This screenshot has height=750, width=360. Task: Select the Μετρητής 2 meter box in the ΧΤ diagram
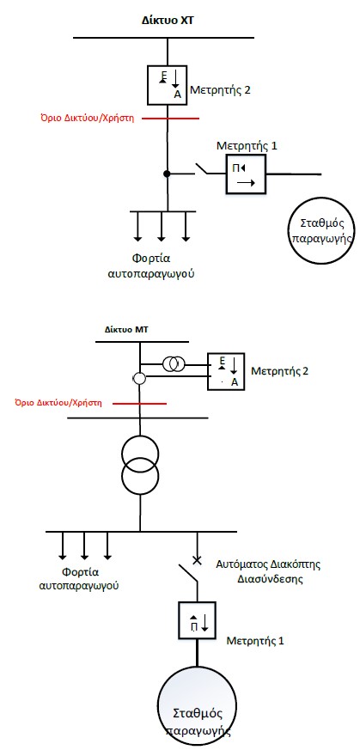[x=167, y=85]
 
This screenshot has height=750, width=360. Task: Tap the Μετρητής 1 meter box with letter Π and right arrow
[x=246, y=174]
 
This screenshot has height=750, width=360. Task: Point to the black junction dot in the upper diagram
[x=167, y=174]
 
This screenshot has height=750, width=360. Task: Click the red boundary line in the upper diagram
[x=171, y=119]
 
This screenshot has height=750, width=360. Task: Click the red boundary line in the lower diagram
[x=139, y=404]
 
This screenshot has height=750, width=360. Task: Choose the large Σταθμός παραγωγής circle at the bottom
[x=197, y=705]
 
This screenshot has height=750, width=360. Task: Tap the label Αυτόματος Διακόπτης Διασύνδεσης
[x=268, y=570]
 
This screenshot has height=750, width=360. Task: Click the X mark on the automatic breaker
[x=196, y=560]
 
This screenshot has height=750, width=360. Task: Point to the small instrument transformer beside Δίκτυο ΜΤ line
[x=173, y=364]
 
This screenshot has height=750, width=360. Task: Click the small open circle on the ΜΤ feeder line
[x=139, y=379]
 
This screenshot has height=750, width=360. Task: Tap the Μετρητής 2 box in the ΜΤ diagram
[x=226, y=372]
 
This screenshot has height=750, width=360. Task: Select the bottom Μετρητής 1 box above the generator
[x=197, y=620]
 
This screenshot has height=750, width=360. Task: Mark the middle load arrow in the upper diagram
[x=162, y=226]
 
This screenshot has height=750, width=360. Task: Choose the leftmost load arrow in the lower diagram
[x=62, y=546]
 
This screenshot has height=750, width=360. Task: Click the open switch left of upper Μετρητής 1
[x=204, y=169]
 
